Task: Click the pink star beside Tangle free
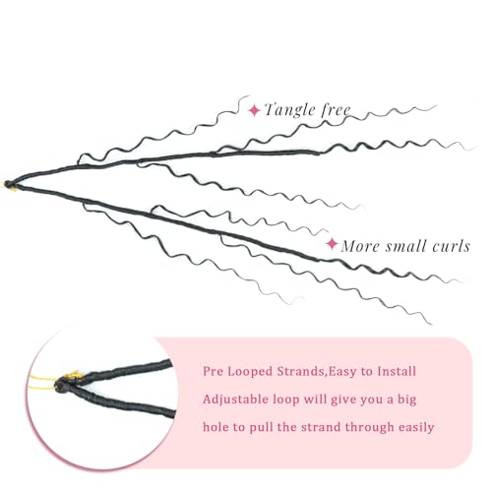click(254, 110)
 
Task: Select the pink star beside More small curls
click(332, 244)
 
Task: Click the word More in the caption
click(360, 246)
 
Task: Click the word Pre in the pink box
click(213, 371)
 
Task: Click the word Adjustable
click(235, 400)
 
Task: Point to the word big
click(407, 400)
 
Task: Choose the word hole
click(215, 427)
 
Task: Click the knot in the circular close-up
click(62, 385)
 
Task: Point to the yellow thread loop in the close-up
click(41, 383)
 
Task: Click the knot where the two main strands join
click(8, 184)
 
